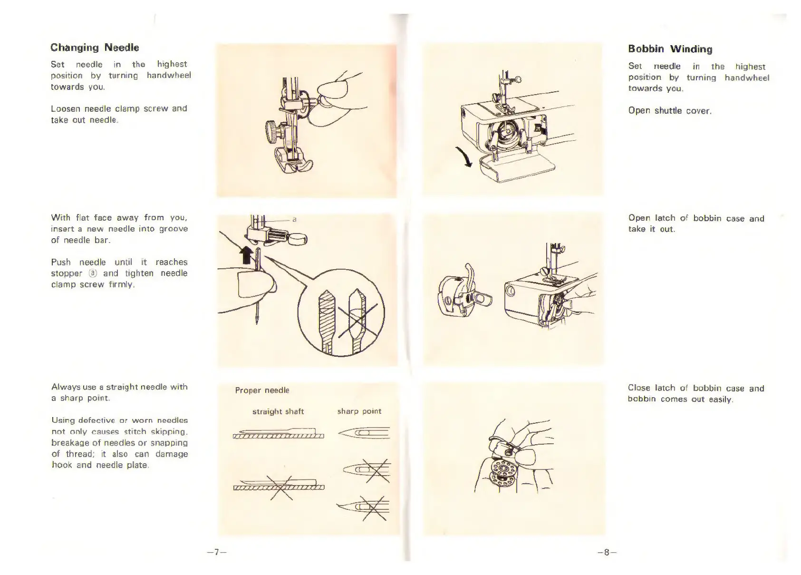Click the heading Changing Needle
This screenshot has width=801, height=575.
(x=95, y=48)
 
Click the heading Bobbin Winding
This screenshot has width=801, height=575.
(x=670, y=49)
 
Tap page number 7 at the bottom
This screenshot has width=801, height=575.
(x=216, y=552)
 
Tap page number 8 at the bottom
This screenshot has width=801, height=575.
(x=607, y=552)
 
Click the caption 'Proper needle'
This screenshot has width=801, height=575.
(x=262, y=390)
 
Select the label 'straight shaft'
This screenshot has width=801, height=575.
(x=278, y=411)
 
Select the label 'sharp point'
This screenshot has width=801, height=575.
(x=359, y=411)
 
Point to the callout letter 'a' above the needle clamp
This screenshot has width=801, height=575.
(x=294, y=219)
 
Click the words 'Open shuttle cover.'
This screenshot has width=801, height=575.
(x=669, y=111)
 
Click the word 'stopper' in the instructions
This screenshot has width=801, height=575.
(x=67, y=273)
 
